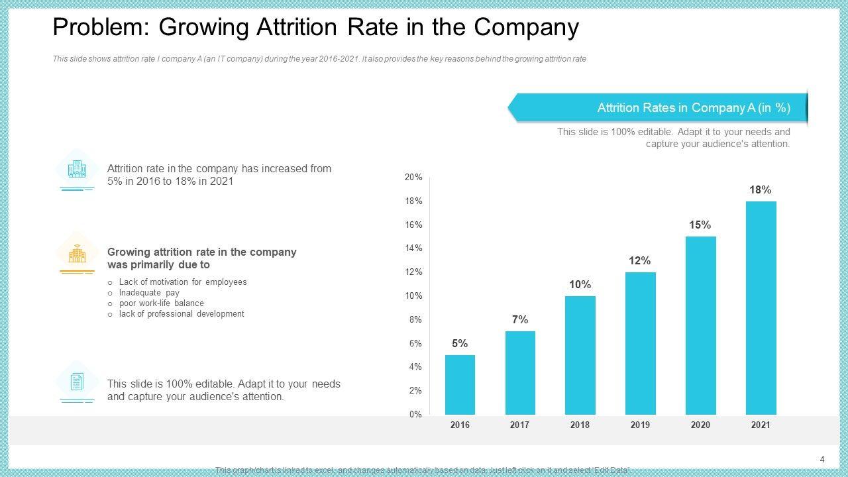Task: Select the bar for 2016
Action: coord(460,384)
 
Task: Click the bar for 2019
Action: coord(640,343)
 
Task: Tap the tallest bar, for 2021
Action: coord(761,308)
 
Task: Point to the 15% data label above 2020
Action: coord(700,225)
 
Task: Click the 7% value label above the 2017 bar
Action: coord(520,320)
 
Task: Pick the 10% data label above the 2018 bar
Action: coord(580,285)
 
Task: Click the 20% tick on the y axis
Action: coord(413,178)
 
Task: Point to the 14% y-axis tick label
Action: coord(413,248)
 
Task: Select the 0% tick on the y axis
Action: coord(415,415)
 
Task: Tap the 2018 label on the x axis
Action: coord(580,425)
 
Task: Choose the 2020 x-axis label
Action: coord(700,425)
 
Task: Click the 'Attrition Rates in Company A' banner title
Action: coord(694,108)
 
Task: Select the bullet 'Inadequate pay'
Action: coord(149,293)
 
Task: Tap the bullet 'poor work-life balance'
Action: coord(161,303)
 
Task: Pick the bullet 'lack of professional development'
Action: coord(182,314)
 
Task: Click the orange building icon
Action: coord(78,253)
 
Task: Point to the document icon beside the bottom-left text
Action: coord(78,382)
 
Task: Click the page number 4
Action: coord(822,460)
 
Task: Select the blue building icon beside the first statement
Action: coord(78,170)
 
